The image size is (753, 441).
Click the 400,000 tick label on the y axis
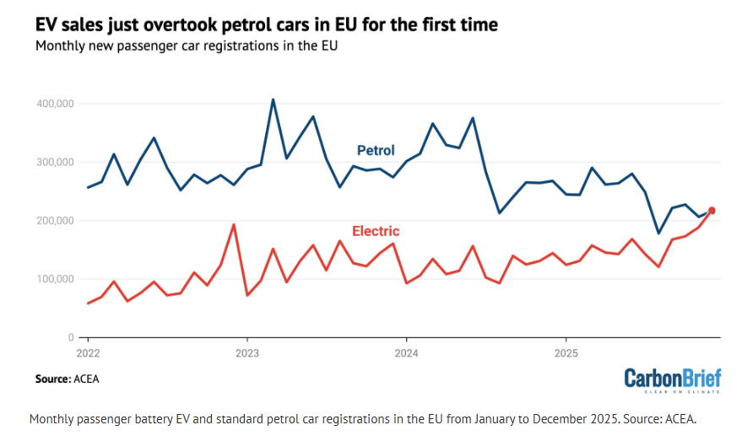(x=56, y=104)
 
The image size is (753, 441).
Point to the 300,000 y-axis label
(x=56, y=162)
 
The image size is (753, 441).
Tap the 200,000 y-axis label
(x=56, y=221)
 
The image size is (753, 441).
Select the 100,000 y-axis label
(x=56, y=279)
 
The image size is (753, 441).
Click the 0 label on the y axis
(x=71, y=337)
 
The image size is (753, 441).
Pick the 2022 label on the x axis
(x=88, y=352)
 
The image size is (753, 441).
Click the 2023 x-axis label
(x=246, y=352)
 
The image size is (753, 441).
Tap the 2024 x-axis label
(x=406, y=352)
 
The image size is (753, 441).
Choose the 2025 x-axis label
(x=565, y=352)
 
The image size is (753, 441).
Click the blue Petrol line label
(x=376, y=151)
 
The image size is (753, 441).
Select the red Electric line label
(x=375, y=231)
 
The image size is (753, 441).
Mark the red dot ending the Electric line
(x=712, y=211)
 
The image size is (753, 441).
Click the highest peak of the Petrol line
(x=273, y=99)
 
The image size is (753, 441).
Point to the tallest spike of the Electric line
(x=233, y=224)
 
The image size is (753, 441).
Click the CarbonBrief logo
(x=673, y=379)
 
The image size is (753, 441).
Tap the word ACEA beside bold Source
(x=87, y=379)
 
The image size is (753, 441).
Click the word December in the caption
(x=512, y=418)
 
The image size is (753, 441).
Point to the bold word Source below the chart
(x=52, y=379)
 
